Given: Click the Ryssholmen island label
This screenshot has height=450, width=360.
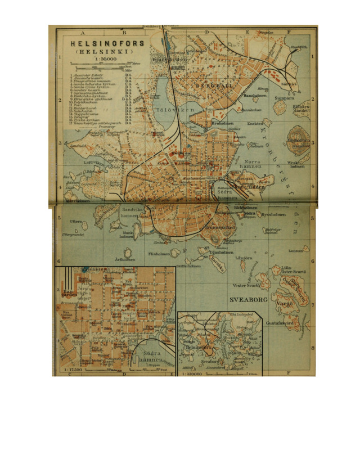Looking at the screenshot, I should point(274,214).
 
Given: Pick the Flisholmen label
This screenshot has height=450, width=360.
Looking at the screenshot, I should point(159,254).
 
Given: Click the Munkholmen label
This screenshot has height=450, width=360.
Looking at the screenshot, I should point(127,235).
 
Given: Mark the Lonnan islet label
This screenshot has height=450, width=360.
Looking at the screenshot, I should point(295,251).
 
